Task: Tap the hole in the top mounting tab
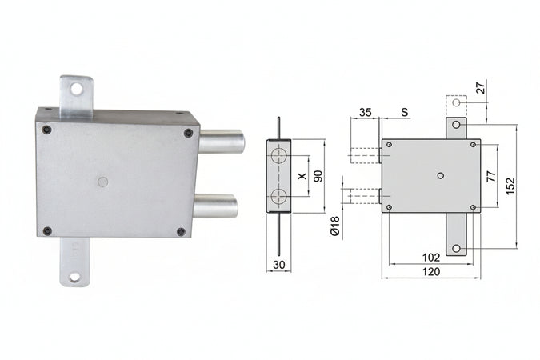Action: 77,90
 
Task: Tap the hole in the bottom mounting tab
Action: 75,277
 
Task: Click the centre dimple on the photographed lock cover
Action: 102,182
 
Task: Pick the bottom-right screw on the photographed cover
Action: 181,231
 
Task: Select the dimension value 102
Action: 430,258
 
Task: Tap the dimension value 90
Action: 317,176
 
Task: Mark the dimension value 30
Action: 278,265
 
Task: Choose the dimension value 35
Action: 366,112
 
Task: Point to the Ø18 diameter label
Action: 334,226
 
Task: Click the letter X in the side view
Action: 301,176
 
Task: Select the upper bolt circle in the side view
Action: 278,155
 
